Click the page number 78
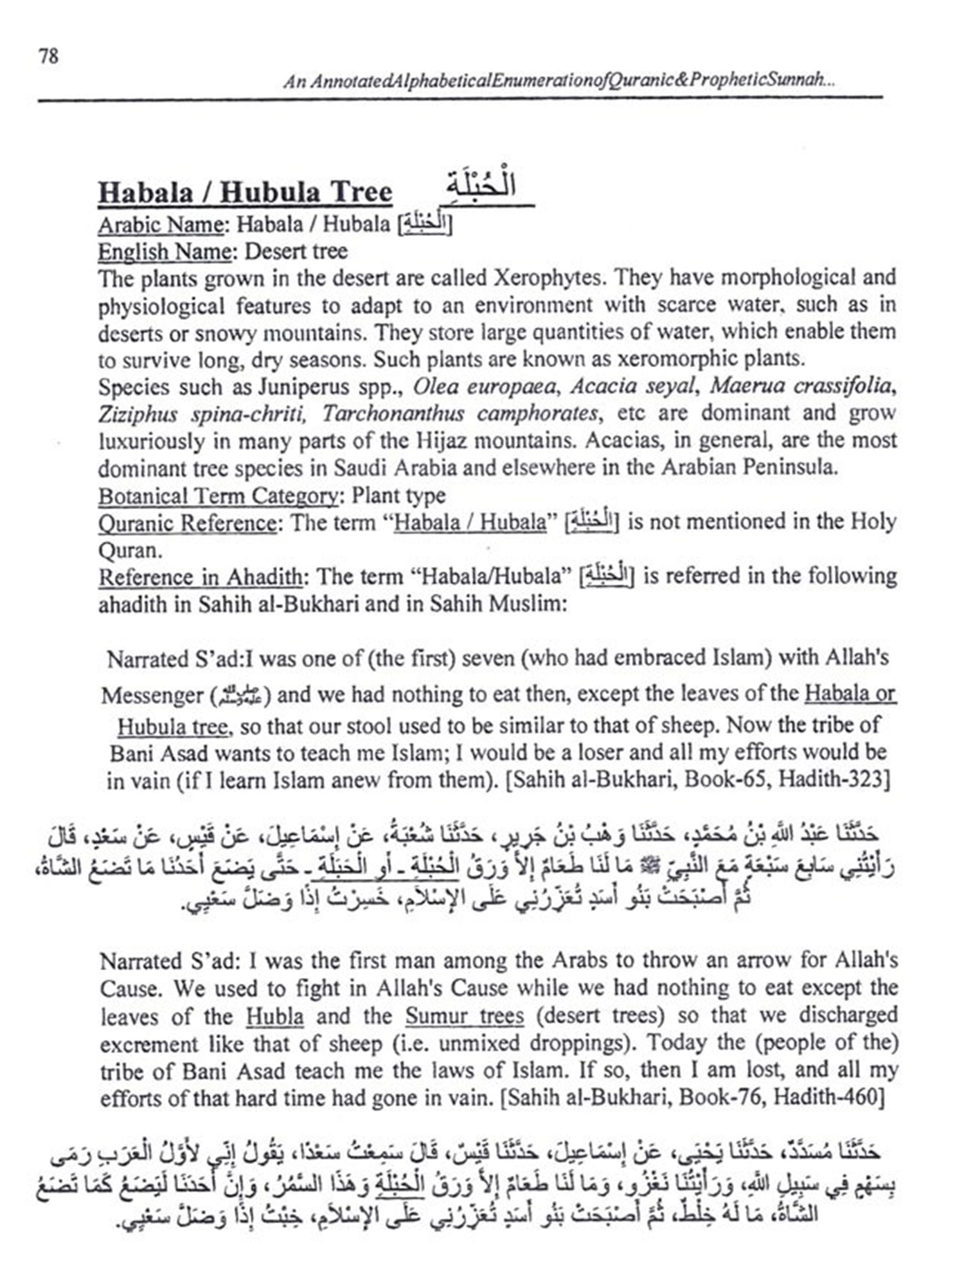point(48,57)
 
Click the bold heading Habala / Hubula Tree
point(245,193)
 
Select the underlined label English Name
point(164,251)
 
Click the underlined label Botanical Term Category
point(218,496)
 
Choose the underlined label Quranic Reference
point(187,523)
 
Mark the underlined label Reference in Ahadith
point(200,577)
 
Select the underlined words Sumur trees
point(464,1016)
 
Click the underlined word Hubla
point(274,1016)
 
